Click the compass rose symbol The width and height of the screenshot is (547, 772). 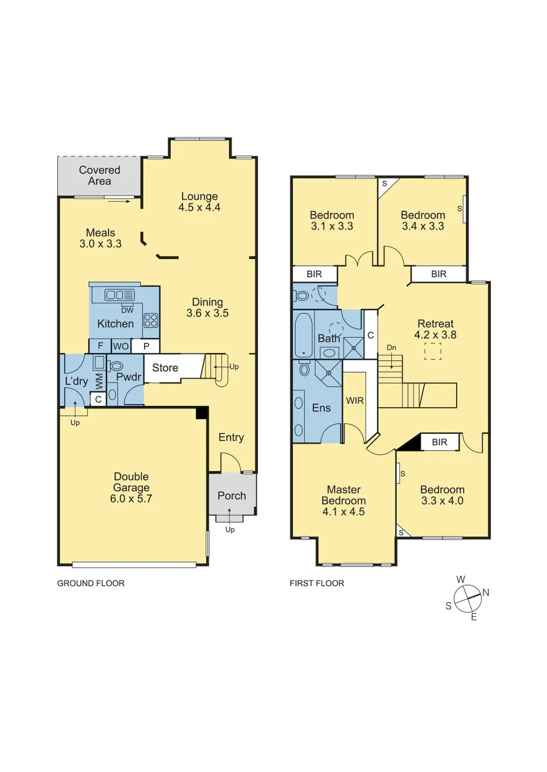(x=467, y=598)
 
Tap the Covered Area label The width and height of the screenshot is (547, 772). (x=100, y=176)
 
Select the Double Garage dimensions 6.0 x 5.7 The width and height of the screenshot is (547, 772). (x=131, y=500)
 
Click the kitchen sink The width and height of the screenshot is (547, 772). (x=119, y=294)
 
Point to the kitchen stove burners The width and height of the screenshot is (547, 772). (x=151, y=321)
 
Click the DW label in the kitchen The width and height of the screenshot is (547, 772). (x=127, y=310)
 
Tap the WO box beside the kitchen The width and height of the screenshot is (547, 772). (x=121, y=346)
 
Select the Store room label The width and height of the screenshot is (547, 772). (x=165, y=368)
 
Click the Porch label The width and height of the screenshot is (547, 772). (x=232, y=496)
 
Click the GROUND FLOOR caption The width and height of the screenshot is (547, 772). (x=91, y=583)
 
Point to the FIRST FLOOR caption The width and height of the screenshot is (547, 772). (x=316, y=583)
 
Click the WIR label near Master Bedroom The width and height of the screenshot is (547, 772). (x=355, y=400)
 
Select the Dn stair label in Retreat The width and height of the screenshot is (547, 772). (x=391, y=347)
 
